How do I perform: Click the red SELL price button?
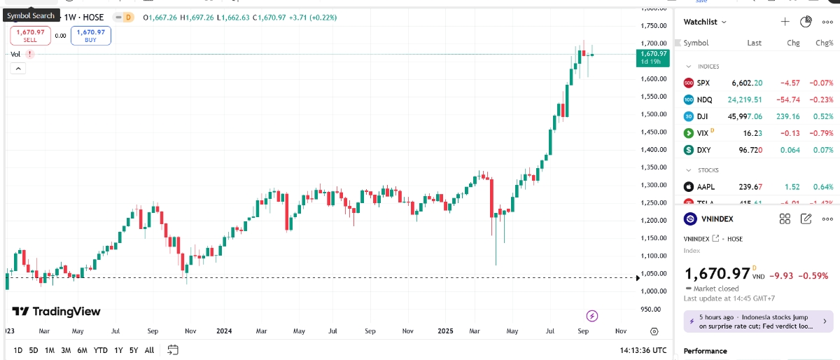click(x=30, y=35)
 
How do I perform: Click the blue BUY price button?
click(x=90, y=35)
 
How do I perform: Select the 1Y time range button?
click(x=118, y=350)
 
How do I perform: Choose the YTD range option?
click(x=100, y=350)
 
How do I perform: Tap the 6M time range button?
click(x=82, y=350)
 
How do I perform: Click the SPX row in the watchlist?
click(x=703, y=83)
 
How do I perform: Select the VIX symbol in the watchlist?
click(x=703, y=132)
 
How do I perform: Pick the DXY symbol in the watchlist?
click(x=703, y=150)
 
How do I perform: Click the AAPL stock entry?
click(x=706, y=187)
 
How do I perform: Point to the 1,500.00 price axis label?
click(x=652, y=114)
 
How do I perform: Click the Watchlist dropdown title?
click(x=705, y=22)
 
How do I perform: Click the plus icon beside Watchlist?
click(x=785, y=22)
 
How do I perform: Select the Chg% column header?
click(x=825, y=43)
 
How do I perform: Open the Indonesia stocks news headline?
click(x=752, y=321)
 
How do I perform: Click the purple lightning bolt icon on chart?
click(x=592, y=315)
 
